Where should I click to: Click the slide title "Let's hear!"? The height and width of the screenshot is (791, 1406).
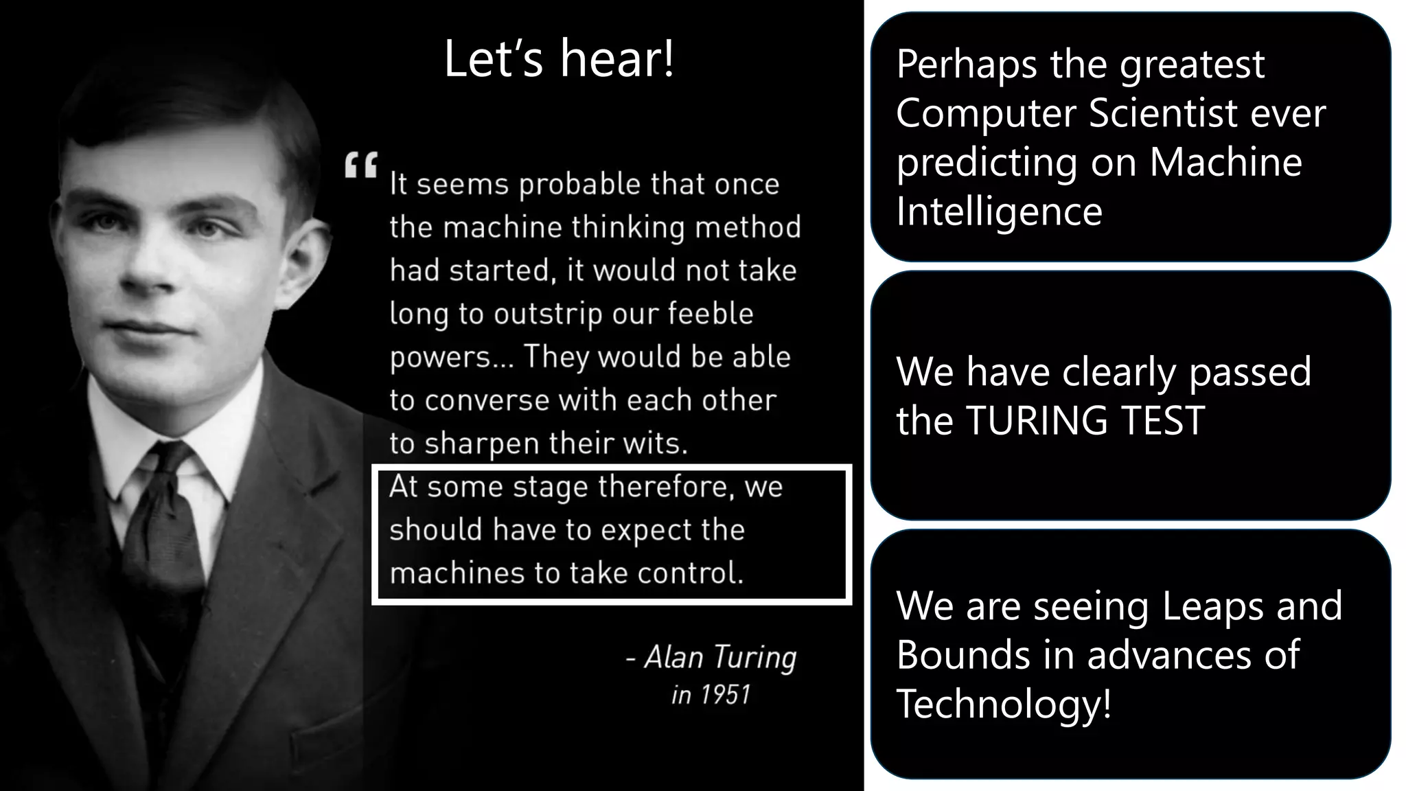coord(559,59)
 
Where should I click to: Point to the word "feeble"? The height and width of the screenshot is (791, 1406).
coord(711,314)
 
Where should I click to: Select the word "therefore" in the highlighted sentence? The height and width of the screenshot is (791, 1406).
coord(662,487)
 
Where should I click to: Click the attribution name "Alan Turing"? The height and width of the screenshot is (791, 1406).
coord(720,658)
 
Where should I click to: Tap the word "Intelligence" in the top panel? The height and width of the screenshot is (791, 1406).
coord(999,211)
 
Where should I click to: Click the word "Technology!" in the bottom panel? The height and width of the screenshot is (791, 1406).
coord(1004,704)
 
